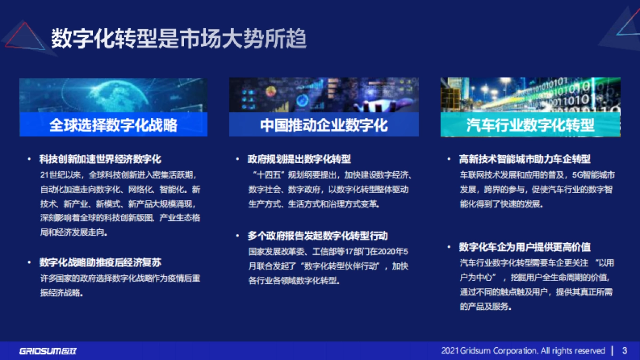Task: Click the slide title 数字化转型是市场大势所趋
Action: pyautogui.click(x=179, y=38)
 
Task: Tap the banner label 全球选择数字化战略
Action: pyautogui.click(x=113, y=125)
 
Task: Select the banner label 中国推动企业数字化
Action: pyautogui.click(x=324, y=125)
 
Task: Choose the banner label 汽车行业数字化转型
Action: pyautogui.click(x=530, y=125)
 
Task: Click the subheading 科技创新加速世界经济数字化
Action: pyautogui.click(x=100, y=159)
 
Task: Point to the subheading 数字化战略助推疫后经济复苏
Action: pyautogui.click(x=100, y=262)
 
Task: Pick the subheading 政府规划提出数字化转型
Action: pyautogui.click(x=299, y=159)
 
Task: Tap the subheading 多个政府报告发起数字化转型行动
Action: pyautogui.click(x=317, y=236)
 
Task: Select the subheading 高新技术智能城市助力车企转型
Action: pyautogui.click(x=525, y=159)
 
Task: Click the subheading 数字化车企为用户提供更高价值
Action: pyautogui.click(x=525, y=247)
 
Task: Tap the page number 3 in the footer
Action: pyautogui.click(x=625, y=350)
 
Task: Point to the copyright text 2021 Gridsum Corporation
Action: pyautogui.click(x=523, y=350)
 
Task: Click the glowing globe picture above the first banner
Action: pyautogui.click(x=113, y=95)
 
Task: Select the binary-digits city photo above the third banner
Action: pyautogui.click(x=530, y=95)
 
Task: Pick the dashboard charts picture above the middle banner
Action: pyautogui.click(x=324, y=95)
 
